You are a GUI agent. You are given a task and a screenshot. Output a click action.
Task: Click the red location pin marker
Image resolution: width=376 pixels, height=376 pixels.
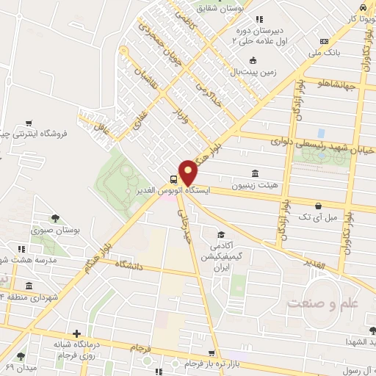(x=189, y=172)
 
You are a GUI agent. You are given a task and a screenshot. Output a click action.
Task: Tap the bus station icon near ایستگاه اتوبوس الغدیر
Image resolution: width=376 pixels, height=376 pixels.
(x=173, y=178)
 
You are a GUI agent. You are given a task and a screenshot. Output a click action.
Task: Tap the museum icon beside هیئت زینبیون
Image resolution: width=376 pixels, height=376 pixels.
(x=254, y=173)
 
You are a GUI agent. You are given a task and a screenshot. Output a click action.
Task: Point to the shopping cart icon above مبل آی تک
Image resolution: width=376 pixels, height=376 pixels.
(x=317, y=206)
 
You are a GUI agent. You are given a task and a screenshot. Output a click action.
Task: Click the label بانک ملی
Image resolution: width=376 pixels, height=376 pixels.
(x=325, y=53)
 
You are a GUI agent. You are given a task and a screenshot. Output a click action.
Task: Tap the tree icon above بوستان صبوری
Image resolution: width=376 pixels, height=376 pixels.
(x=55, y=217)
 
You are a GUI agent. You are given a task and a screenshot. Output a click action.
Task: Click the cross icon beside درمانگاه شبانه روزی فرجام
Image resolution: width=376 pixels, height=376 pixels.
(x=76, y=333)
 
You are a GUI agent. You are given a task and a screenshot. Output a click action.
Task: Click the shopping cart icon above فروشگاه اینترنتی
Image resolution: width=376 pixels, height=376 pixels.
(x=28, y=123)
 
